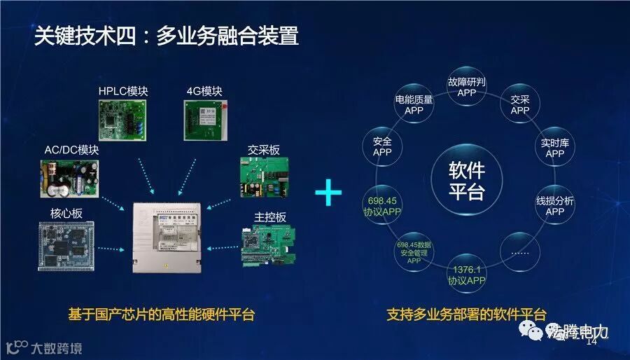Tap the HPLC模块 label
123,91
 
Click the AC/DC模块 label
71,150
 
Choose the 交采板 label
264,150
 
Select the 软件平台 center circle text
466,181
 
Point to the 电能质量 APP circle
414,105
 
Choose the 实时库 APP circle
554,148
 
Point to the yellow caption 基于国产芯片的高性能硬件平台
162,315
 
